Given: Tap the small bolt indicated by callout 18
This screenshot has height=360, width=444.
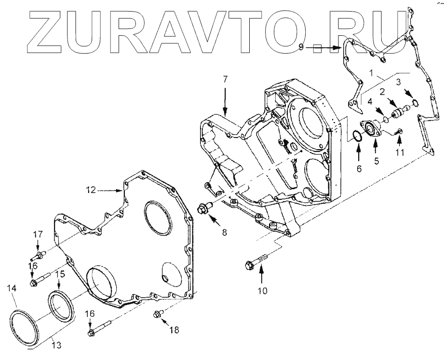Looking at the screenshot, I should [x=157, y=316].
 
